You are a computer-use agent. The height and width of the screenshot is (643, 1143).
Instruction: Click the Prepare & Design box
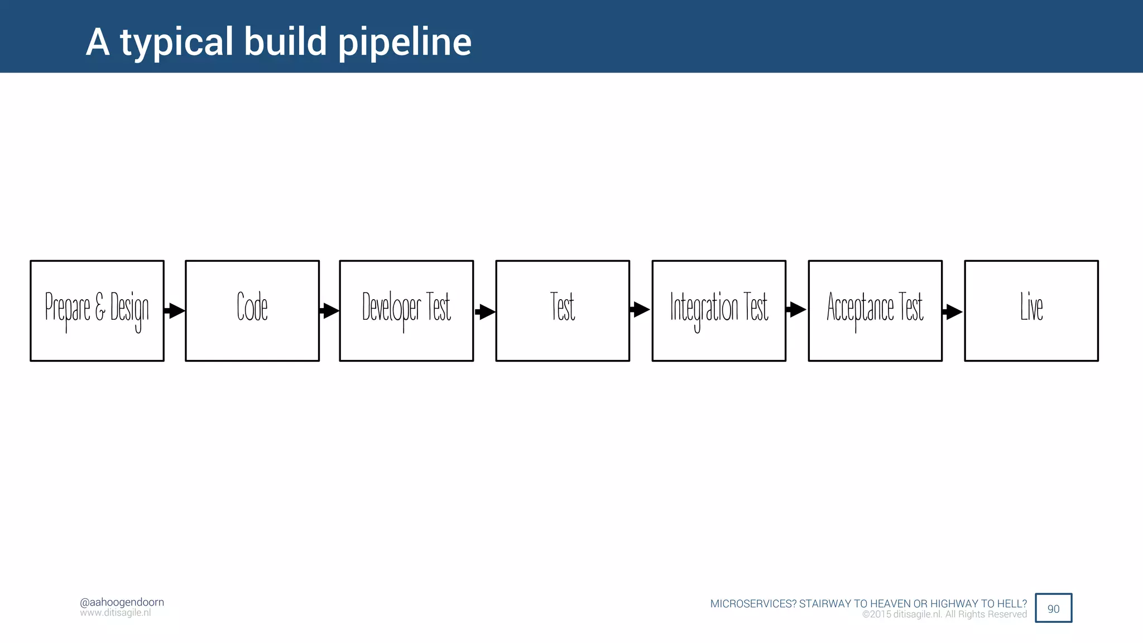pyautogui.click(x=97, y=310)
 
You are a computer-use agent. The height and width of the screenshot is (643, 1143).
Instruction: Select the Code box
pyautogui.click(x=252, y=310)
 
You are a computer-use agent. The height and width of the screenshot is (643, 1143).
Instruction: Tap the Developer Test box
pyautogui.click(x=406, y=310)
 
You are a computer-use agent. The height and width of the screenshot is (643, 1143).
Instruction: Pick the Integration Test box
pyautogui.click(x=719, y=310)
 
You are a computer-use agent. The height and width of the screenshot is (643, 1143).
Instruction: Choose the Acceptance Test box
pyautogui.click(x=875, y=310)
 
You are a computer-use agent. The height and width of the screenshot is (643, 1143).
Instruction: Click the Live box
pyautogui.click(x=1031, y=310)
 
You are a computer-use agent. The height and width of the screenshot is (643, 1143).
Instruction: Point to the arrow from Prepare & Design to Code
pyautogui.click(x=175, y=310)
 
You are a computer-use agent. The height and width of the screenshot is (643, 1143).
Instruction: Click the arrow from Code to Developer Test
pyautogui.click(x=329, y=310)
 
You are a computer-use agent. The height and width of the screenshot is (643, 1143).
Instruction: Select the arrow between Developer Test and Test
pyautogui.click(x=485, y=311)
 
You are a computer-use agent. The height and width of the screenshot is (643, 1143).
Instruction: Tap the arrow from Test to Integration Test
pyautogui.click(x=640, y=309)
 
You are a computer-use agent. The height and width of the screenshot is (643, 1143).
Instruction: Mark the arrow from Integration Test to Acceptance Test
pyautogui.click(x=796, y=309)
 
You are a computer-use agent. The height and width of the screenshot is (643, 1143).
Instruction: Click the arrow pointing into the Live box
pyautogui.click(x=952, y=311)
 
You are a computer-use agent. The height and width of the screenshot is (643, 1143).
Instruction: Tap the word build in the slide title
pyautogui.click(x=285, y=42)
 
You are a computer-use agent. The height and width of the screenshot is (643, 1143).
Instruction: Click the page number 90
pyautogui.click(x=1053, y=608)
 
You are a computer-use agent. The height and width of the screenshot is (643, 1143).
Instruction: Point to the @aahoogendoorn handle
pyautogui.click(x=122, y=602)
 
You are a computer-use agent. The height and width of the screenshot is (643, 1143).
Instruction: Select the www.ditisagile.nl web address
pyautogui.click(x=116, y=613)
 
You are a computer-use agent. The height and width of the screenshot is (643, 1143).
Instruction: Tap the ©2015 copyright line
pyautogui.click(x=944, y=615)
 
